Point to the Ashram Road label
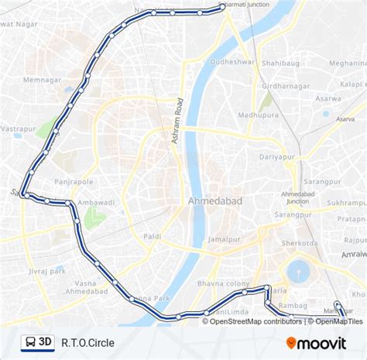[x=175, y=124]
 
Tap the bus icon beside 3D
[x=29, y=341]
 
